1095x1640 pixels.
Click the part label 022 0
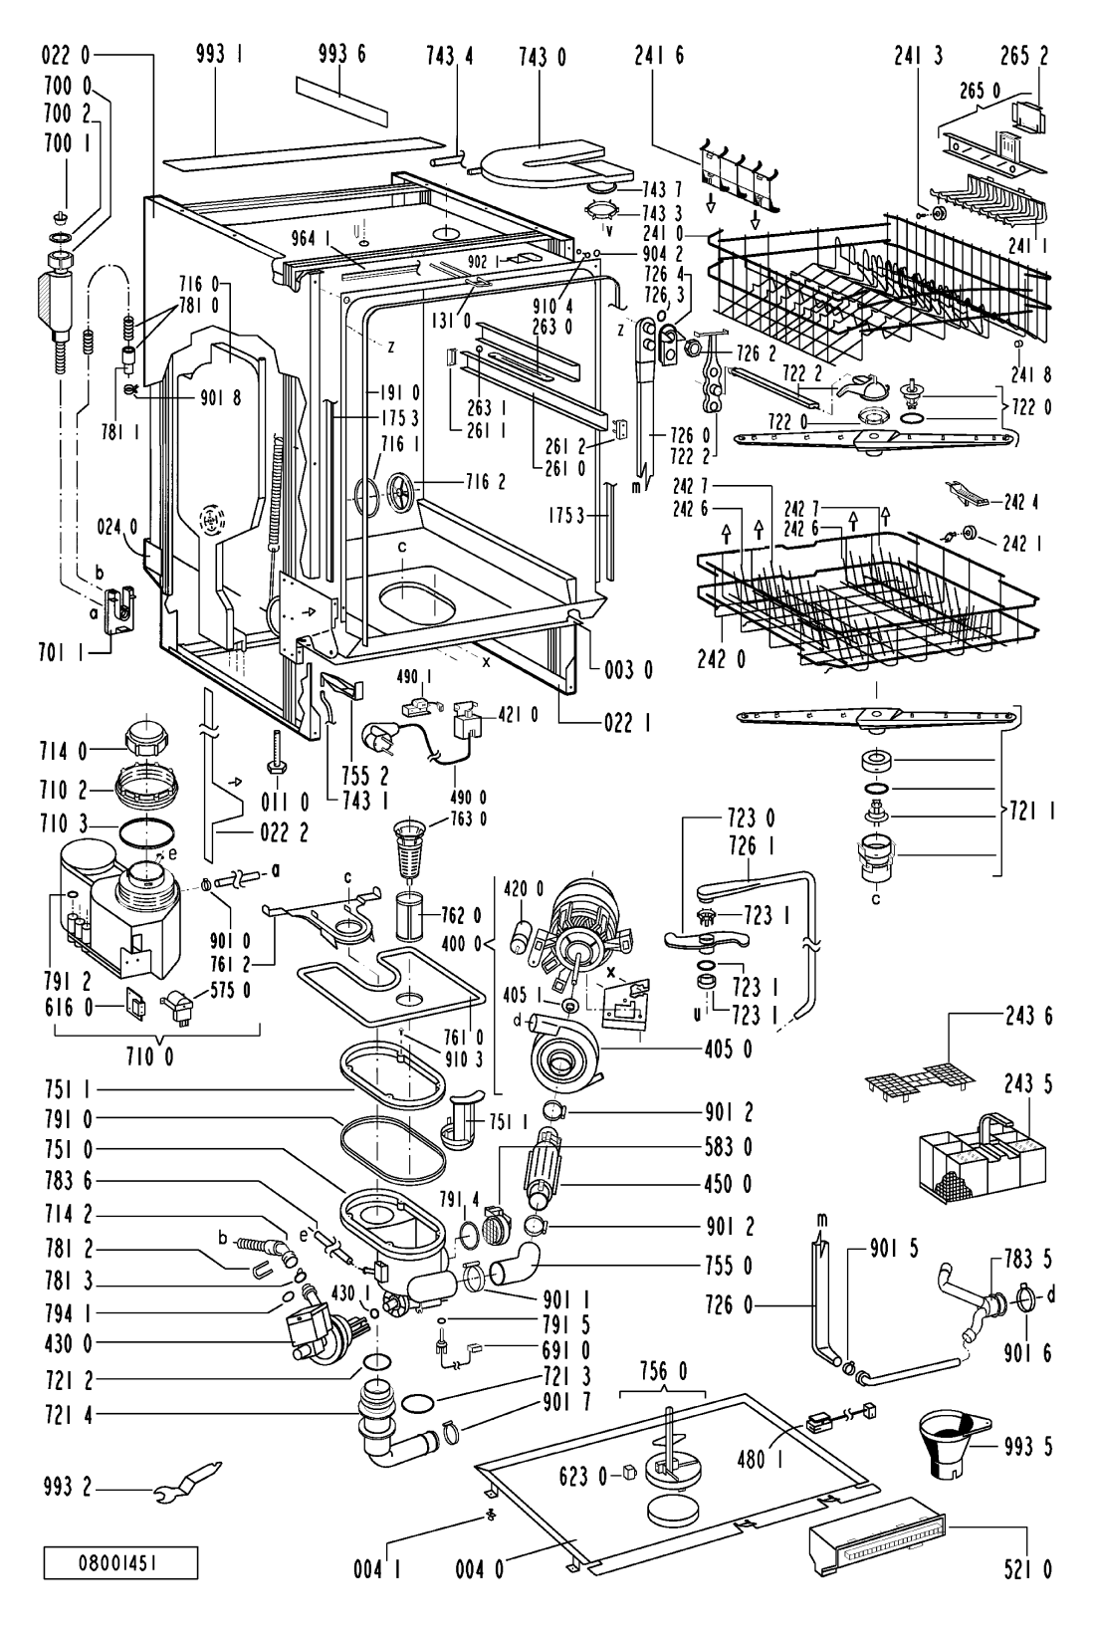[66, 55]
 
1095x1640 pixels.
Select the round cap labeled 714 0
[148, 740]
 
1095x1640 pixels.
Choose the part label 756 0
[662, 1370]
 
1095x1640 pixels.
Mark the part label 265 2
[1024, 57]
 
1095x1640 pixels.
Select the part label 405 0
[729, 1050]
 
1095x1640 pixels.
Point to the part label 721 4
[68, 1415]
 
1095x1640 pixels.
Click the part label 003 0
[629, 669]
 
